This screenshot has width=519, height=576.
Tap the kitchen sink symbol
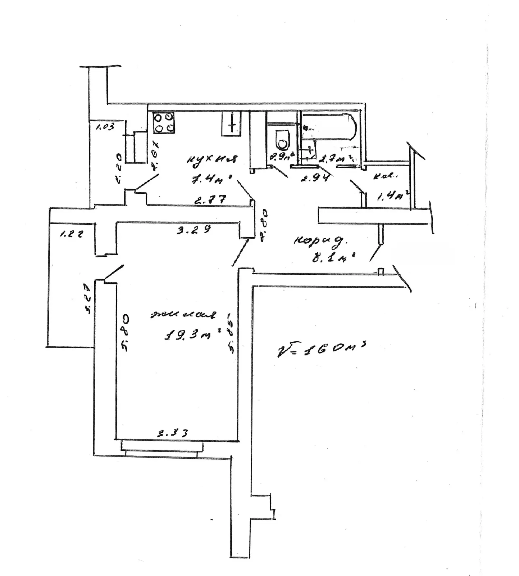click(232, 123)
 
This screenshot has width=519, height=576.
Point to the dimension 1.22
click(71, 234)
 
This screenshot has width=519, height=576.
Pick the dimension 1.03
click(105, 126)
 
